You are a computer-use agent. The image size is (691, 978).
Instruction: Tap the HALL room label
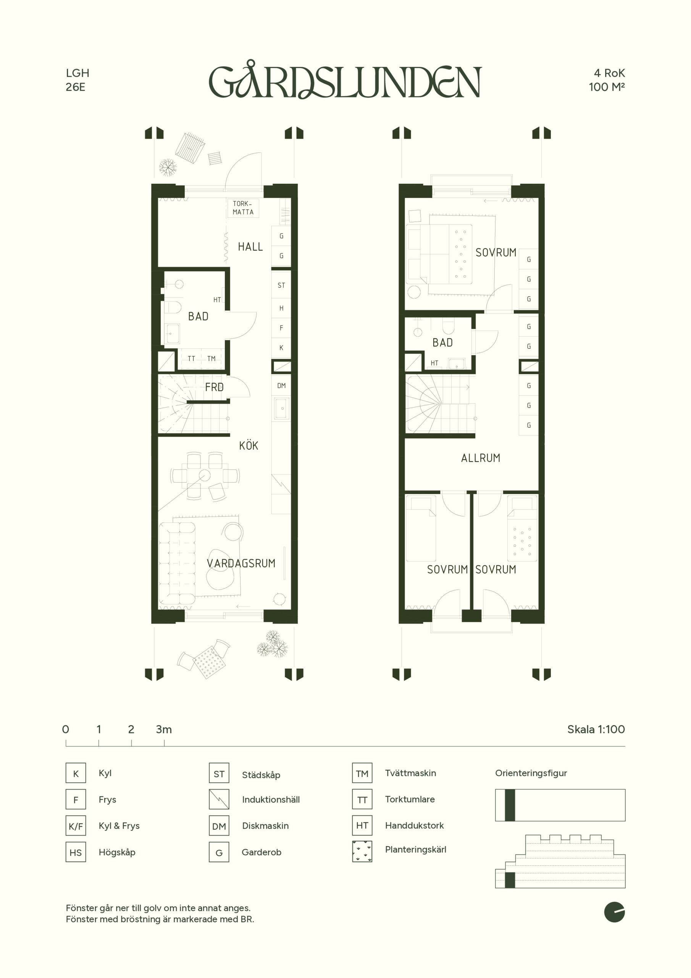[x=250, y=247]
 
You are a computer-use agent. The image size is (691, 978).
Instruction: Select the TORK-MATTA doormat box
[x=243, y=208]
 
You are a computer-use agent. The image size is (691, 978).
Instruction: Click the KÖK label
[x=249, y=445]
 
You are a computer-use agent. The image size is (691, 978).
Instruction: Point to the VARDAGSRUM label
[x=241, y=563]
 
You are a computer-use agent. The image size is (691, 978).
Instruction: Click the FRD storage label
[x=214, y=387]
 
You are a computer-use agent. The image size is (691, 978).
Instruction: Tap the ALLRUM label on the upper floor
[x=481, y=458]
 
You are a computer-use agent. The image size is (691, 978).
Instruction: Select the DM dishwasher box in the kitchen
[x=281, y=385]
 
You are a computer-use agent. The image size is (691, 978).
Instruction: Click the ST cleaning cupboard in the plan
[x=281, y=285]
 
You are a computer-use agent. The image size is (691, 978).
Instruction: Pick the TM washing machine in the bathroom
[x=211, y=359]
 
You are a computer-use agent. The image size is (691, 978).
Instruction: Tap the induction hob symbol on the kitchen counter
[x=281, y=484]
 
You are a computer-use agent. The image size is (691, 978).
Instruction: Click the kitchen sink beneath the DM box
[x=282, y=408]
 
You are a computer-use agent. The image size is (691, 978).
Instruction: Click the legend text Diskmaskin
[x=265, y=826]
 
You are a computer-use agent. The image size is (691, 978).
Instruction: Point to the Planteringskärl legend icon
[x=362, y=852]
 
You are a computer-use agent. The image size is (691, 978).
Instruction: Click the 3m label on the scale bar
[x=164, y=730]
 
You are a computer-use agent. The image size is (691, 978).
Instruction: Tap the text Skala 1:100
[x=596, y=729]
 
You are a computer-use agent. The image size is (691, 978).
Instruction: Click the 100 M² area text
[x=607, y=87]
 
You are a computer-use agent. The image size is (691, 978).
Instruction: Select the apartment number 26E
[x=75, y=87]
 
